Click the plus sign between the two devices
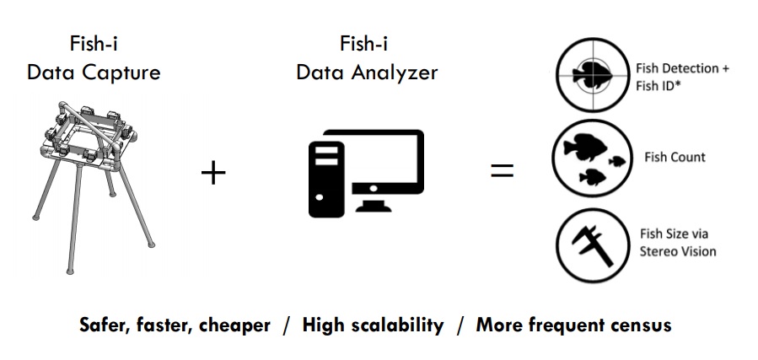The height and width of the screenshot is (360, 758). click(x=213, y=175)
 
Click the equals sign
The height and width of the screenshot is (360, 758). click(x=502, y=171)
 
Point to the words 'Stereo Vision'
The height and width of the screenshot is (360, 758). click(x=676, y=251)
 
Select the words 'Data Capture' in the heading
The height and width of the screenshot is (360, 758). click(x=94, y=73)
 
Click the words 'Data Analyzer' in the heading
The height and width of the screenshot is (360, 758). click(x=367, y=73)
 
